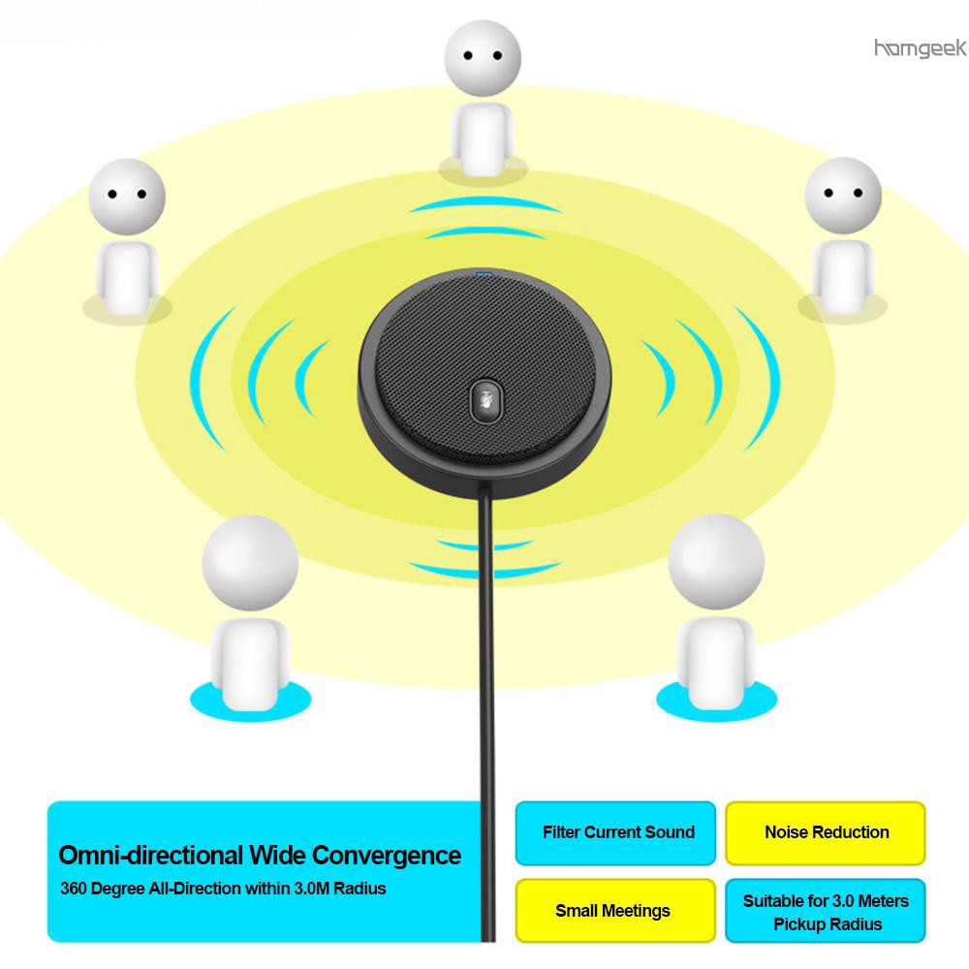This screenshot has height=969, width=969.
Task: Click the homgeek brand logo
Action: (x=921, y=48)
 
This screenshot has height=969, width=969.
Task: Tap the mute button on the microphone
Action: (x=486, y=400)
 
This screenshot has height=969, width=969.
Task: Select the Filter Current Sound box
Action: (x=615, y=832)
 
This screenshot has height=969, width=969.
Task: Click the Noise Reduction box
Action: (x=826, y=832)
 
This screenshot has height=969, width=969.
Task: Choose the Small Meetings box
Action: (x=615, y=910)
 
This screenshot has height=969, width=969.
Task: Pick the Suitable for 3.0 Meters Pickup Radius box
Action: (x=826, y=910)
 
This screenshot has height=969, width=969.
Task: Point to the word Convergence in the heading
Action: (x=387, y=857)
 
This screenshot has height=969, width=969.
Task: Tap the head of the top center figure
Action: (x=483, y=58)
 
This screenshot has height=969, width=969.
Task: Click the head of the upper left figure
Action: (x=127, y=197)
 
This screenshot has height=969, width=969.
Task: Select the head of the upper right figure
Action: (x=843, y=196)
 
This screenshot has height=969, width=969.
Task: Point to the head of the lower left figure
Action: (x=250, y=563)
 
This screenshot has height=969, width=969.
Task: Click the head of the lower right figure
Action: (x=716, y=562)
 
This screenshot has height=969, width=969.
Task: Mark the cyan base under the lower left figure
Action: (x=250, y=702)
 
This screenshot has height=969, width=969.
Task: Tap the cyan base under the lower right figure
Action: (x=716, y=702)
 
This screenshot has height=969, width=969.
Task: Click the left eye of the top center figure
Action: (x=468, y=55)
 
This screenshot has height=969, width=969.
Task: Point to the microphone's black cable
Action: (x=487, y=710)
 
